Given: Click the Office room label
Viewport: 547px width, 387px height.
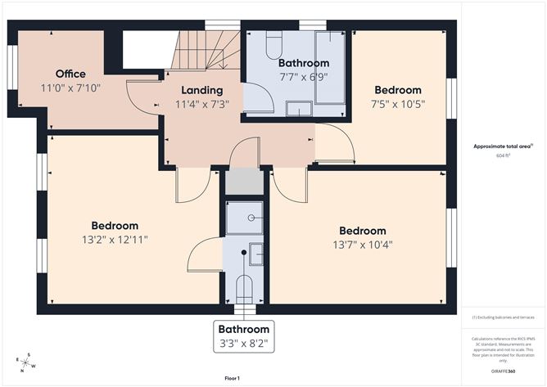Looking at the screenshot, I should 70,74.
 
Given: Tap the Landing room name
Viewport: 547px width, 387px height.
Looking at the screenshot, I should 201,90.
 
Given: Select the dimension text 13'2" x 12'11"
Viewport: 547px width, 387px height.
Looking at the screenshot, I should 115,240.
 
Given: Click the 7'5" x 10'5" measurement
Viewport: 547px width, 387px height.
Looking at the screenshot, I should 397,104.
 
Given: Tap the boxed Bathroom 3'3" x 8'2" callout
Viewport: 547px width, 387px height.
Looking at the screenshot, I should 243,335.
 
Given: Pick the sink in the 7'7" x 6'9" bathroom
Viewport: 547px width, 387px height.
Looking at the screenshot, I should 298,109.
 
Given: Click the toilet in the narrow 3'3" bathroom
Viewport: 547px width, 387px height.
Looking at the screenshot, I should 244,289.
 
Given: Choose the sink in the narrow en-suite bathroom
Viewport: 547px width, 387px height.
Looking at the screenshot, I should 256,254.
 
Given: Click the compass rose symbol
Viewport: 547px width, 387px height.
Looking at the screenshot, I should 25,359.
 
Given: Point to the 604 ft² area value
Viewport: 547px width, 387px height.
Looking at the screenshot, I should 503,155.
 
